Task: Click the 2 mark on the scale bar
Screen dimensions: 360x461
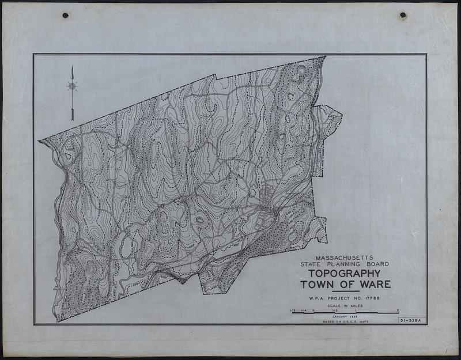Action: pos(398,311)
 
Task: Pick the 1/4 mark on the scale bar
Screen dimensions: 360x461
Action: pos(303,311)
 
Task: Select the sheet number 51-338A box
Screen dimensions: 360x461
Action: pos(410,320)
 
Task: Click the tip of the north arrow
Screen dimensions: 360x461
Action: pos(72,67)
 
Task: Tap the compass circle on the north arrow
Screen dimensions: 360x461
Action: pos(72,86)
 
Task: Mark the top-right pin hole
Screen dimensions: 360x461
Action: pos(403,16)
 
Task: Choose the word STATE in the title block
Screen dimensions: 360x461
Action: pos(308,264)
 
